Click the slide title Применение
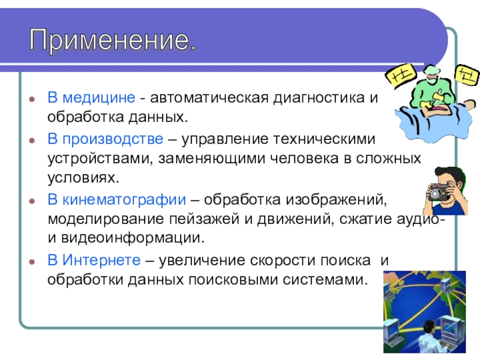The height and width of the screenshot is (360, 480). [x=113, y=40]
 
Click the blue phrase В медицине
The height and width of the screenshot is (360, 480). [x=91, y=98]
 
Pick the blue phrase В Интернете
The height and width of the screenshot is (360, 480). [x=94, y=260]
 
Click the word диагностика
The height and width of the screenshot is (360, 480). [x=319, y=98]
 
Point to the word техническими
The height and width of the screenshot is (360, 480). [x=324, y=139]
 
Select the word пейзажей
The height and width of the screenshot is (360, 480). [x=204, y=219]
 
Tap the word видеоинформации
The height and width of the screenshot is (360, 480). [x=133, y=238]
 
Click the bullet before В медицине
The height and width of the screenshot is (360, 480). [x=32, y=99]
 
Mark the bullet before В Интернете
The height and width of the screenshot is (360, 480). [x=32, y=262]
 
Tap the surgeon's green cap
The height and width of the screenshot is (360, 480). [x=432, y=71]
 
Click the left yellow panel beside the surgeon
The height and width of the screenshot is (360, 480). [x=400, y=76]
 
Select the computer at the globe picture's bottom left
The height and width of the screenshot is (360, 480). [x=393, y=332]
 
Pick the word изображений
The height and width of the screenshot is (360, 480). [x=337, y=200]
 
